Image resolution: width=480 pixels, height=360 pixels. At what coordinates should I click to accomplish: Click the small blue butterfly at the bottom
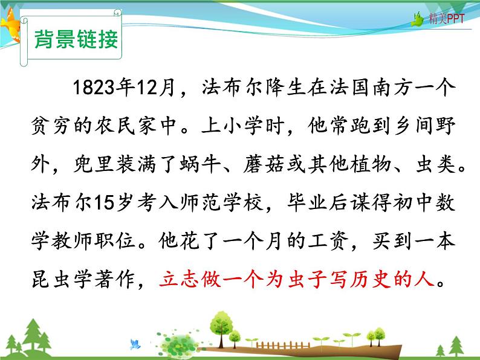click(135, 344)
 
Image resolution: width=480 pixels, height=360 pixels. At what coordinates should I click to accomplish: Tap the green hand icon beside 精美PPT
click(418, 21)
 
